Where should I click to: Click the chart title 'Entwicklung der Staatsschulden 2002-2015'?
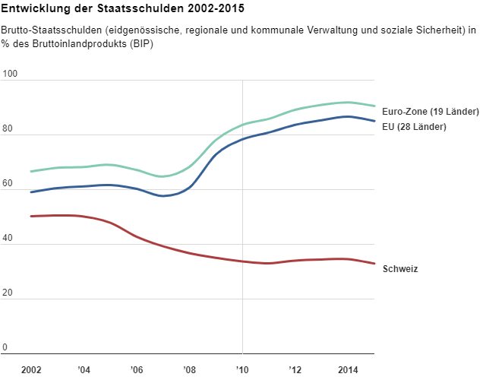click(123, 9)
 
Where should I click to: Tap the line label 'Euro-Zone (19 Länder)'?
click(430, 112)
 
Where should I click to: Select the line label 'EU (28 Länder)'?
click(415, 126)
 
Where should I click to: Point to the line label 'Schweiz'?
click(400, 269)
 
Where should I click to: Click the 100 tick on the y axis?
click(10, 74)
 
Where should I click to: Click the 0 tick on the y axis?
click(5, 348)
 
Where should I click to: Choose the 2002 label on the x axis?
click(31, 369)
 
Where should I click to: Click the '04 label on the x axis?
click(84, 369)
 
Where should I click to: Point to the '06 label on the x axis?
click(137, 369)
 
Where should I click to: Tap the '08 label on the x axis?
click(190, 369)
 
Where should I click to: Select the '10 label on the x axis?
click(242, 369)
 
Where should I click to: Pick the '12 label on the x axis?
click(295, 369)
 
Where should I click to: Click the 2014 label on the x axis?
click(348, 369)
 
